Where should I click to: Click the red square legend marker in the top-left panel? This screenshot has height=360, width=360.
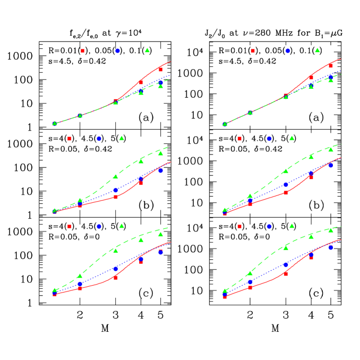coord(82,50)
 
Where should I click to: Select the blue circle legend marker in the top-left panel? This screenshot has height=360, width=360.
coord(117,50)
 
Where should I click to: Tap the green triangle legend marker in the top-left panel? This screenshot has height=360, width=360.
coord(147,50)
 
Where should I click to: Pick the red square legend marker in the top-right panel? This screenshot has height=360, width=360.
coord(252,50)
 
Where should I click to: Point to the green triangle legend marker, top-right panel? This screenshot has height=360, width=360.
coord(317,50)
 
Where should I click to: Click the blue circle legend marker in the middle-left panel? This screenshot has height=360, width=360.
coord(99,139)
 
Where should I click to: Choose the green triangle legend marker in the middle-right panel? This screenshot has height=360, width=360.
coord(292,138)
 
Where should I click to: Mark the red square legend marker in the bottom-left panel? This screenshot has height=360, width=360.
coord(70,226)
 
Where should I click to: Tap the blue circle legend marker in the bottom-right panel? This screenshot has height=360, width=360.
coord(269,226)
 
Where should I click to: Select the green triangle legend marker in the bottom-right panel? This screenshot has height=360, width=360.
coord(292,226)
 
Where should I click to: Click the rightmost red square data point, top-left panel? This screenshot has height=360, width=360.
coord(160,70)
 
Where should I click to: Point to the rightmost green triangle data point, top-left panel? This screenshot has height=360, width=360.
coord(160,85)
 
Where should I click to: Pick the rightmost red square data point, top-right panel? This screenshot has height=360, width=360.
coord(330,65)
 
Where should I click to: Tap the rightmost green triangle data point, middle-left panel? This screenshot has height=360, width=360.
coord(160,153)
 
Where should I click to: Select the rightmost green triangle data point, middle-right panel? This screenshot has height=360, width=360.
coord(330,149)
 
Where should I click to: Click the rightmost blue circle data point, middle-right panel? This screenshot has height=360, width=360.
coord(330,165)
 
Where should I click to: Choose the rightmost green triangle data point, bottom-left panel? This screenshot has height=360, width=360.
coord(160,234)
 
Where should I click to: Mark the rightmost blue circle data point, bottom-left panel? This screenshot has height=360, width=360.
coord(160,252)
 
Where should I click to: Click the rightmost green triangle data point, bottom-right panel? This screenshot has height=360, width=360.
coord(330,230)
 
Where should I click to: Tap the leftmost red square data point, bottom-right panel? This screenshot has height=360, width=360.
coord(225,297)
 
